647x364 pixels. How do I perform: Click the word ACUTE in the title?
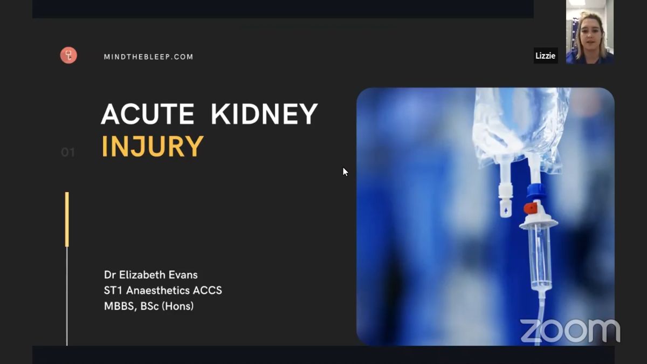click(148, 114)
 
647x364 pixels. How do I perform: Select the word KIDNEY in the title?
click(264, 114)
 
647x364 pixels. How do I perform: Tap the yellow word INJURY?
click(153, 147)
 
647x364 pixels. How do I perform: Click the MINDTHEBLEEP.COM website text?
click(148, 57)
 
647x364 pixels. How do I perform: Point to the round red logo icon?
click(68, 55)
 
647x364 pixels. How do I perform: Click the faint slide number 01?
click(68, 152)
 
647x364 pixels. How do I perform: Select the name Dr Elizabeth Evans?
click(151, 274)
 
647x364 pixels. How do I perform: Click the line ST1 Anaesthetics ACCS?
click(163, 290)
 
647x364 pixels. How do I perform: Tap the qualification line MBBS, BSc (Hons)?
click(149, 306)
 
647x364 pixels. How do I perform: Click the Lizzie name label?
click(545, 56)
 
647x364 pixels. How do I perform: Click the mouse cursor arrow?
click(345, 172)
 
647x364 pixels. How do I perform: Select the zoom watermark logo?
click(570, 331)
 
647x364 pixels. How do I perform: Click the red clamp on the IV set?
click(531, 208)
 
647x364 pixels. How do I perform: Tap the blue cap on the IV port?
click(536, 191)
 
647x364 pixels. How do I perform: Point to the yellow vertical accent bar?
click(67, 219)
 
